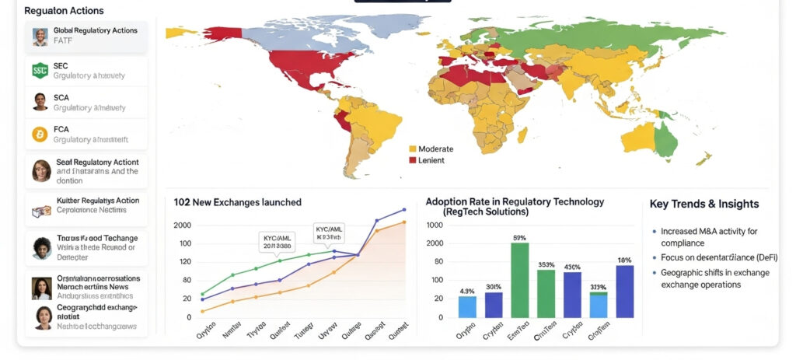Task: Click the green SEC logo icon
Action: point(40,71)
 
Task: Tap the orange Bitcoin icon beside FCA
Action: point(40,135)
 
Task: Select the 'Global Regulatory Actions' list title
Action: point(95,30)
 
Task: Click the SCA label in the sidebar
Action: point(61,97)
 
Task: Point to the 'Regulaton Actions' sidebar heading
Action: point(64,11)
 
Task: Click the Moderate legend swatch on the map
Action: point(412,149)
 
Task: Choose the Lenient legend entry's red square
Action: point(412,159)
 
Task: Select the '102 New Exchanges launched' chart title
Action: point(237,202)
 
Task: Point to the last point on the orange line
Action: point(404,222)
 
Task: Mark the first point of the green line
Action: point(203,295)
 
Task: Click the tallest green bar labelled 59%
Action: point(519,280)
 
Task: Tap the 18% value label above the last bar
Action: point(624,260)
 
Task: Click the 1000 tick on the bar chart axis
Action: point(435,225)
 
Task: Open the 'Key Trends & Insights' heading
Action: point(703,204)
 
